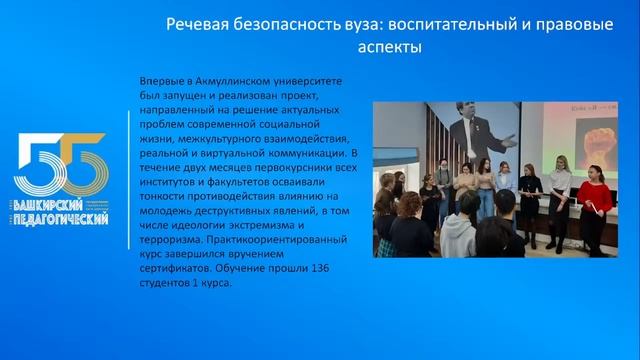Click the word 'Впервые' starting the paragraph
tap(167, 80)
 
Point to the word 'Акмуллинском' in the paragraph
tap(239, 80)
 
